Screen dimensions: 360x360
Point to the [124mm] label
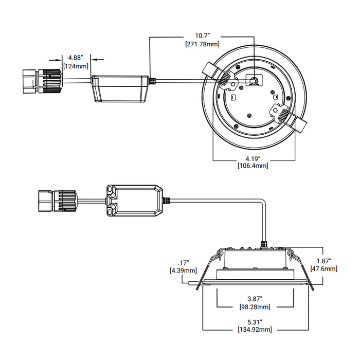click(76, 66)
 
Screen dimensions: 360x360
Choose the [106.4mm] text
click(253, 166)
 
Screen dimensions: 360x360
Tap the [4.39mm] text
click(183, 270)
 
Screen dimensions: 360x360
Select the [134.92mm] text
click(253, 329)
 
